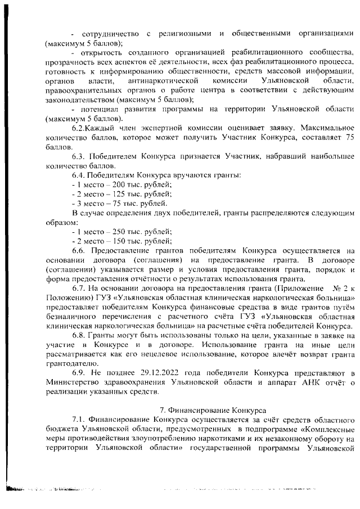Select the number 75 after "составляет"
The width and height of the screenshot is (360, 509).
(x=349, y=137)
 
